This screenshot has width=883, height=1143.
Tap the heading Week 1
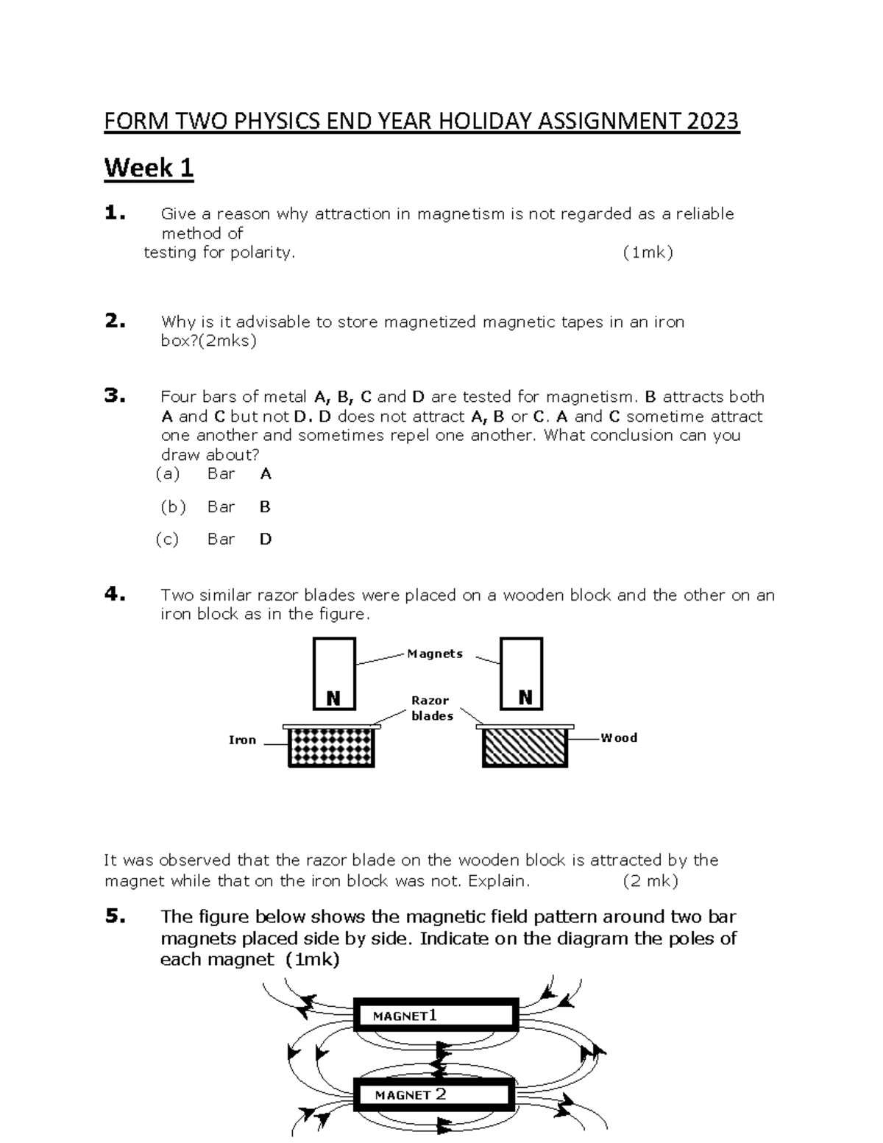[149, 168]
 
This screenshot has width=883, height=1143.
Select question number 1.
[115, 214]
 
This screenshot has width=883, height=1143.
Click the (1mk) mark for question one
[647, 252]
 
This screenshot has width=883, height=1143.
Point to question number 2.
[115, 322]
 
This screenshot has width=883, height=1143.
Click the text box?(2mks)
[208, 341]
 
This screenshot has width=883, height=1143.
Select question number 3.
[115, 397]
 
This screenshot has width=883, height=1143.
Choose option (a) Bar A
[214, 474]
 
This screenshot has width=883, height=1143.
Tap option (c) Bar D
[214, 539]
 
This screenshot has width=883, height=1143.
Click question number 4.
[115, 595]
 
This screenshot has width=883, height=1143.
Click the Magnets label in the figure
[434, 654]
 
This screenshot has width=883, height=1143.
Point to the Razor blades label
[431, 708]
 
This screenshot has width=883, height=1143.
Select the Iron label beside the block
[242, 740]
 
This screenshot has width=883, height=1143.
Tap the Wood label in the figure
[619, 737]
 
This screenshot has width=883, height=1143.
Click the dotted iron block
[331, 748]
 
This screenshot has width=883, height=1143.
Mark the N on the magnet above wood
[525, 698]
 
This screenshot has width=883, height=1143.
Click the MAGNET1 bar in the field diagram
[436, 1016]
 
